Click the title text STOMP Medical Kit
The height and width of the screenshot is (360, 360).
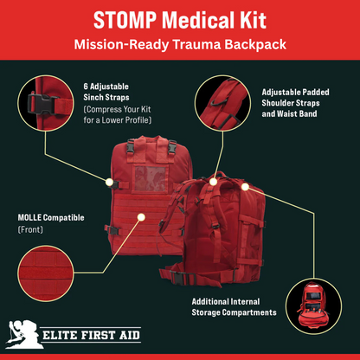(x=179, y=20)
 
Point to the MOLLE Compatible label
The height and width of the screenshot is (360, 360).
(x=51, y=217)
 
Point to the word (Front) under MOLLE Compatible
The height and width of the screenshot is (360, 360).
(x=31, y=230)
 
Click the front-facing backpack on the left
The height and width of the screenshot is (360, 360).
(x=144, y=203)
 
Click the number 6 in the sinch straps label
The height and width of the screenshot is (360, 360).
(x=86, y=87)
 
